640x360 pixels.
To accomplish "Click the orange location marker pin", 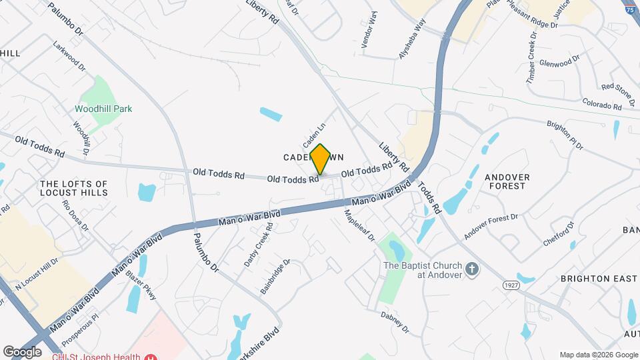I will point(320,159).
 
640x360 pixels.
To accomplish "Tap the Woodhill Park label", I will point(103,109).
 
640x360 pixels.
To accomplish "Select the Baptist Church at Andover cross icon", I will point(472,269).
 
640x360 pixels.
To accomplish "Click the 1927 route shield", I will point(511,285).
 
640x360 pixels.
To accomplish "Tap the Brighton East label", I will point(598,278).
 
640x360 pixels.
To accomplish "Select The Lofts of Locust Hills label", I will point(73,188).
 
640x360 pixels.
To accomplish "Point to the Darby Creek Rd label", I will point(258,245).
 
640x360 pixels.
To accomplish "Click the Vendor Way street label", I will point(369,30).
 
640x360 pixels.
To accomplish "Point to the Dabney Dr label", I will point(395,322).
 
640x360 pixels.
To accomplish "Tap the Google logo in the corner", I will point(22,351).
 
